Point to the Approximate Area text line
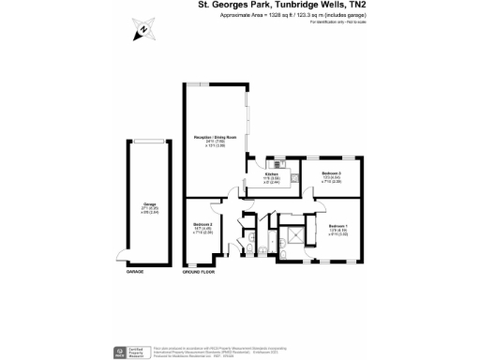[293, 16]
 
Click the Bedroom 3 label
[330, 176]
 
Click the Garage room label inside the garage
[149, 208]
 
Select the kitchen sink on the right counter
[292, 177]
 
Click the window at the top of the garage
[149, 142]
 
